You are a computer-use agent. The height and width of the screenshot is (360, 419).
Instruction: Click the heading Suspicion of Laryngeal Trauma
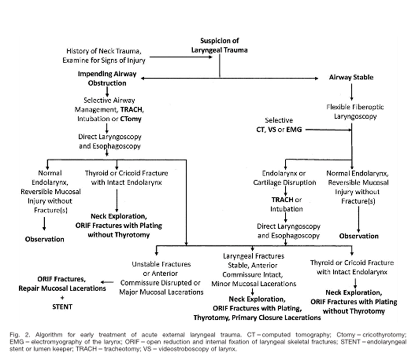[x=220, y=46]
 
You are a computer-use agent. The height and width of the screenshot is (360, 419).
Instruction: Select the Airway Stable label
[x=351, y=78]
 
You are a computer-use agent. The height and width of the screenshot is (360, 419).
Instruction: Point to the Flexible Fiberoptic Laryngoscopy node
[x=352, y=112]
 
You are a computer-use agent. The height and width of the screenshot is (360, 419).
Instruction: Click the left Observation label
[x=45, y=239]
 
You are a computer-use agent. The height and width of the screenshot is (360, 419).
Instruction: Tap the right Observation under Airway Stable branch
[x=358, y=236]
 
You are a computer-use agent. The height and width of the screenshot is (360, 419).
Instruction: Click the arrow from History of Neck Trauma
[x=175, y=58]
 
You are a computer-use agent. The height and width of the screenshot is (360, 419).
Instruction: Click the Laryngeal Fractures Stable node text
[x=254, y=270]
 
